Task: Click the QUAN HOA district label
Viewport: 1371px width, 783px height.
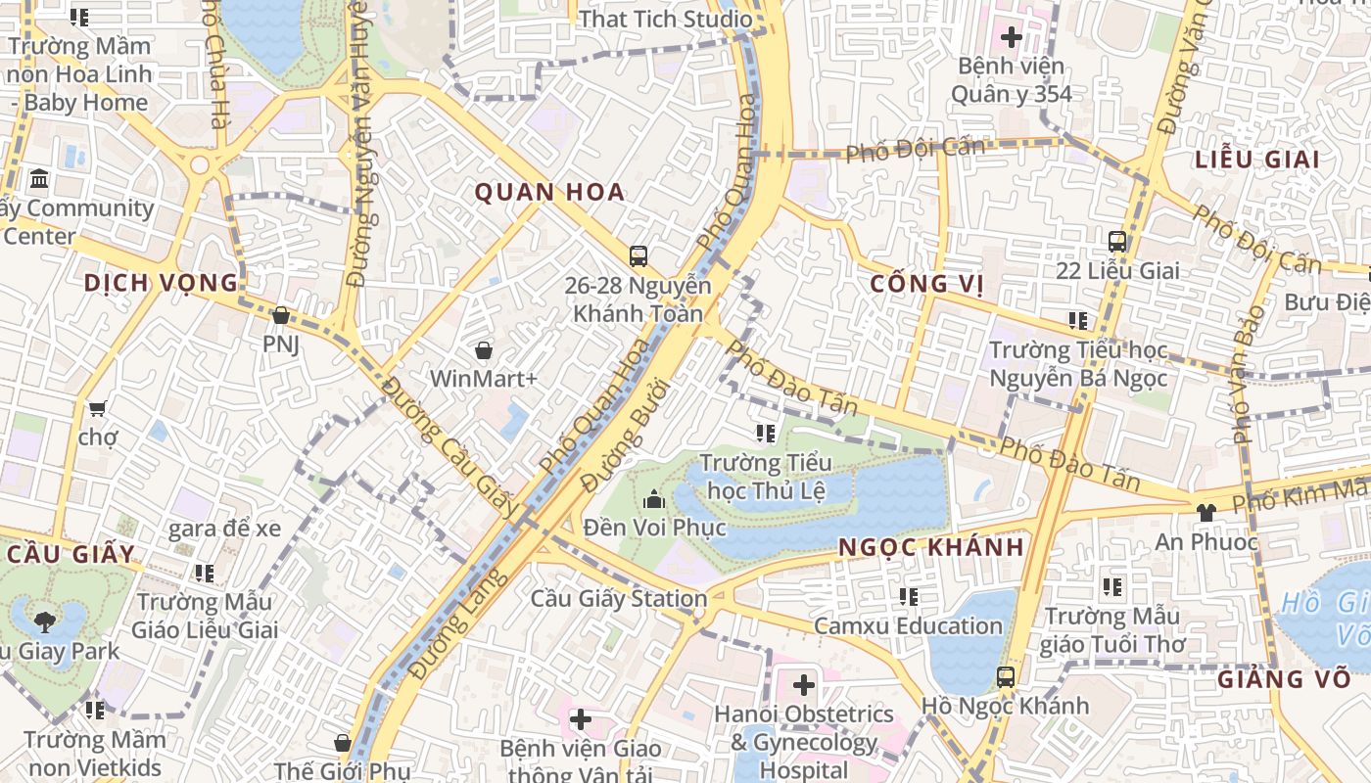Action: coord(549,193)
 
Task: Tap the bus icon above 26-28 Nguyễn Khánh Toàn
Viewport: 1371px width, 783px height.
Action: coord(638,256)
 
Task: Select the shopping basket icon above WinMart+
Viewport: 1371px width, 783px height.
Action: coord(483,349)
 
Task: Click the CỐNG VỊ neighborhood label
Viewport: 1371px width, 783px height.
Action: coord(925,285)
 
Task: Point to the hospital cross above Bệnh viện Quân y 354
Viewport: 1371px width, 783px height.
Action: coord(1011,38)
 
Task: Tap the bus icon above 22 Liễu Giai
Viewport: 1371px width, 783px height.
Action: coord(1116,241)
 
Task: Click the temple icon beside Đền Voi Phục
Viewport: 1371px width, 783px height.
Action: coord(653,500)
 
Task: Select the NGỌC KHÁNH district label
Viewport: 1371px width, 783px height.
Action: coord(930,547)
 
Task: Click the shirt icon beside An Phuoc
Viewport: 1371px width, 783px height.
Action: coord(1206,512)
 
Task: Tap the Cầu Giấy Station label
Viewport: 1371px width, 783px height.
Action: coord(619,598)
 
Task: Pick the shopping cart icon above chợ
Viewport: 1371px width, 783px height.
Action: coord(97,408)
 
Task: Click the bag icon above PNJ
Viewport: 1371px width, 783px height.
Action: coord(281,315)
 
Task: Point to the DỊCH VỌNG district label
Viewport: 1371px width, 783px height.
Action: coord(161,284)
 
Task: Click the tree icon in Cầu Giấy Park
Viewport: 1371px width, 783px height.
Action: coord(44,621)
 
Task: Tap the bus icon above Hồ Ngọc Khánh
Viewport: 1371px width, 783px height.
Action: coord(1005,676)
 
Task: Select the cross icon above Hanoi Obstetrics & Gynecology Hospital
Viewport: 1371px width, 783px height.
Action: coord(804,684)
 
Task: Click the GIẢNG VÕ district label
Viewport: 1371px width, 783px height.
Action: coord(1284,679)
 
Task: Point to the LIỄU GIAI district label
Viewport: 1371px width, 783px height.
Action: coord(1257,160)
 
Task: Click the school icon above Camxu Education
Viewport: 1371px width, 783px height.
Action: coord(909,596)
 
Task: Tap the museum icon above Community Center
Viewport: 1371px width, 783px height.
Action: coord(40,179)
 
